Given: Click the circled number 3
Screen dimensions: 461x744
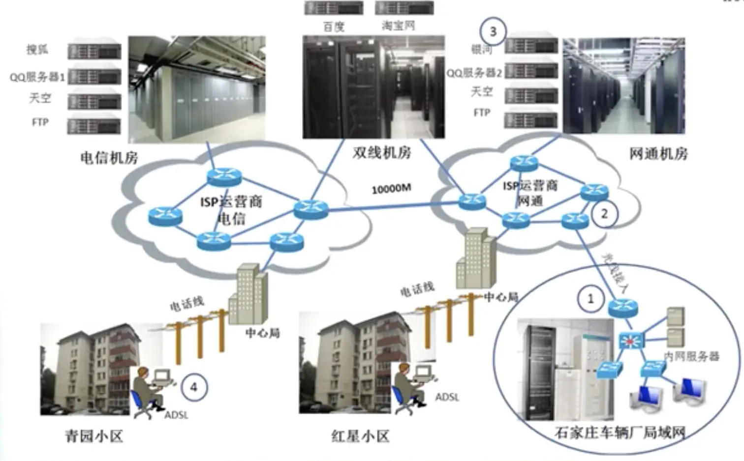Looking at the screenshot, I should point(493,31).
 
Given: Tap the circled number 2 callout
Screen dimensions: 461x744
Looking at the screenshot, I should point(604,214).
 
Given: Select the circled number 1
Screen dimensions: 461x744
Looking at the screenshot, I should point(590,298).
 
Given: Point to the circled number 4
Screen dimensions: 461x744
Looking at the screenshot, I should point(194,387).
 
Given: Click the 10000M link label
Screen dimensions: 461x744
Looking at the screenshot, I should point(391,188).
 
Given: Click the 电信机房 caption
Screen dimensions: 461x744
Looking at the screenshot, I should point(109,158).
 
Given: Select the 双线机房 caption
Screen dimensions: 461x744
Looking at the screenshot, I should point(381,152).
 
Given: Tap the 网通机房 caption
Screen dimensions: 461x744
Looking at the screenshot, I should point(658,154).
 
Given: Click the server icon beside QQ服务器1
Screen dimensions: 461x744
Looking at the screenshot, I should point(94,76).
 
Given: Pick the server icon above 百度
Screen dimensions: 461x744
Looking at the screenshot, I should point(334,8).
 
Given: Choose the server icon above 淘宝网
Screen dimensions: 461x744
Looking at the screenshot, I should point(404,8).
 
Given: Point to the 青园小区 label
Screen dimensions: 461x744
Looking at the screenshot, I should point(94,436).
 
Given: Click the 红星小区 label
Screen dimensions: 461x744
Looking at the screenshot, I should point(360,436).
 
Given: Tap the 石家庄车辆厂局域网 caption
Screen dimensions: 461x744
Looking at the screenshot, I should point(620,432).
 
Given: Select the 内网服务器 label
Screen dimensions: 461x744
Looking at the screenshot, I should point(691,356).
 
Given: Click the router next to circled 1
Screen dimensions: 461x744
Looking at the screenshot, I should point(622,307).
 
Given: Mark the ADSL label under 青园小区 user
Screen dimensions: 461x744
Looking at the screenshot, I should point(176,415).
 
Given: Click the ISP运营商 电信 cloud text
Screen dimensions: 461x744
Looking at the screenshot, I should point(231,209).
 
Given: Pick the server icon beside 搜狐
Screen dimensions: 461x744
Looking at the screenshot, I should point(94,51).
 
